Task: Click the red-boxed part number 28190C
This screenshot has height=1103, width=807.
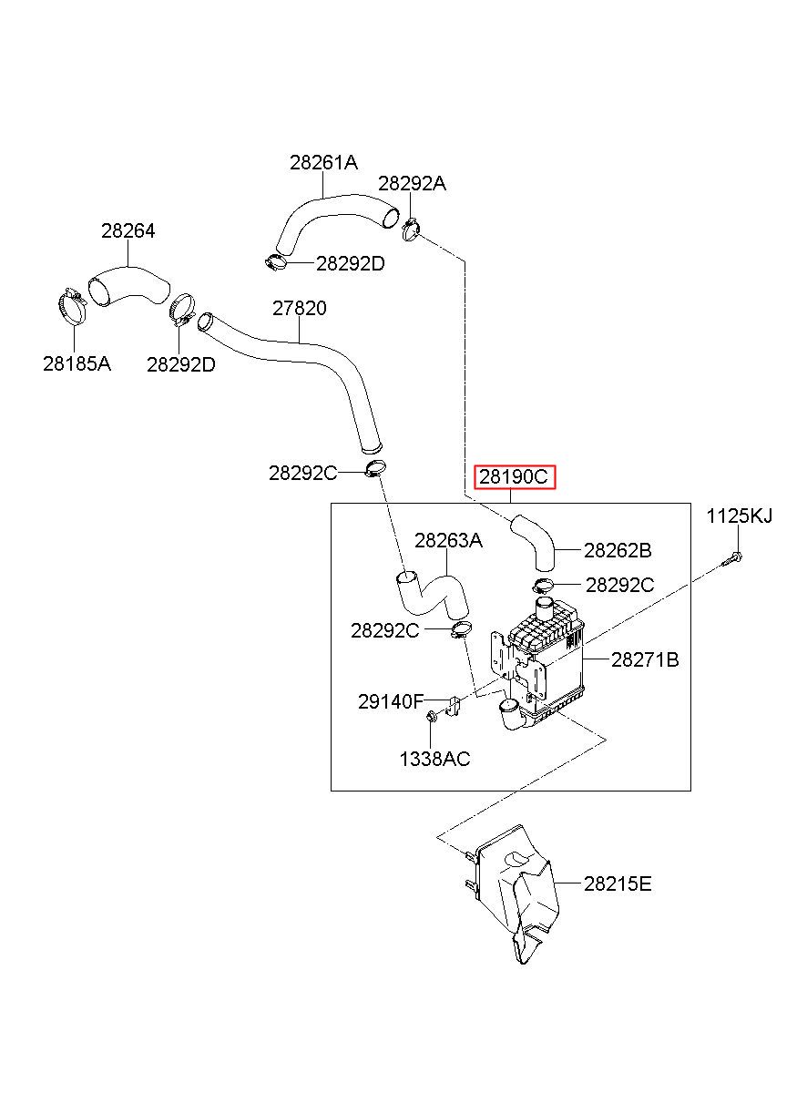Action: pyautogui.click(x=514, y=476)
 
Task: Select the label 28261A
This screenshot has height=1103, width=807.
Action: pyautogui.click(x=323, y=162)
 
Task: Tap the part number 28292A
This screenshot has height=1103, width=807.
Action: pyautogui.click(x=412, y=184)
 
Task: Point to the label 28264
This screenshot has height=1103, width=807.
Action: pyautogui.click(x=128, y=231)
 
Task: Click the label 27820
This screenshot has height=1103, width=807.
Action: pyautogui.click(x=300, y=308)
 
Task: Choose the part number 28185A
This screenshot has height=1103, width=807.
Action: pyautogui.click(x=77, y=364)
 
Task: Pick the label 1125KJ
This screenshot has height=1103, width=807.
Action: pyautogui.click(x=739, y=516)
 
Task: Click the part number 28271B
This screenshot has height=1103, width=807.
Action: pyautogui.click(x=645, y=659)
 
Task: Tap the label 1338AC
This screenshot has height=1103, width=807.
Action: pyautogui.click(x=434, y=760)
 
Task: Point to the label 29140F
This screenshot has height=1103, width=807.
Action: pyautogui.click(x=391, y=701)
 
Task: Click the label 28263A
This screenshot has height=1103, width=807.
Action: pyautogui.click(x=448, y=541)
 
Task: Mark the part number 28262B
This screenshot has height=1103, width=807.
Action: pyautogui.click(x=618, y=550)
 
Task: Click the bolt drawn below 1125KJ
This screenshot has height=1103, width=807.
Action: pyautogui.click(x=731, y=559)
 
